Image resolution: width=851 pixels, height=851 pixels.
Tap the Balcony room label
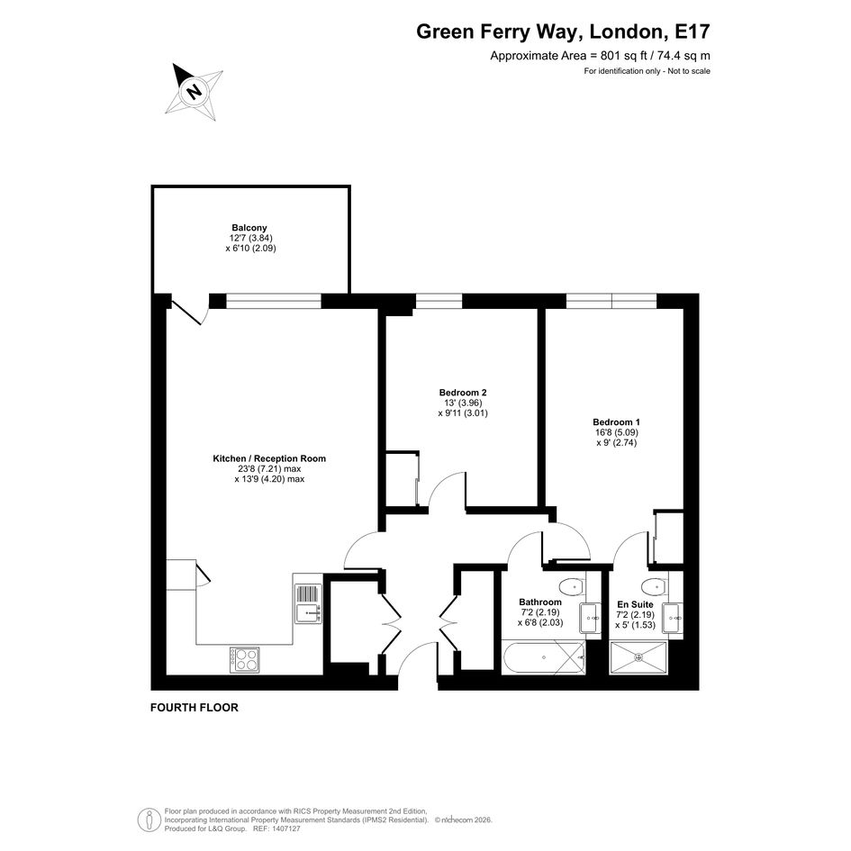[249, 228]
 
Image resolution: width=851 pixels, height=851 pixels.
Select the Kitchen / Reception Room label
[269, 458]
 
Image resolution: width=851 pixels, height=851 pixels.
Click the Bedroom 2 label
[463, 393]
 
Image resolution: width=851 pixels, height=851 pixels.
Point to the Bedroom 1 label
[617, 422]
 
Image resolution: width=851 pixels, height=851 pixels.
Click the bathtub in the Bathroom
[544, 657]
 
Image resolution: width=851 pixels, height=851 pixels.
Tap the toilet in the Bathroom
[570, 586]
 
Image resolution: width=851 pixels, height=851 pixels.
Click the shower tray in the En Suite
[638, 657]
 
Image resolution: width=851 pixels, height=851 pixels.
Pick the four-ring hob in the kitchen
[244, 659]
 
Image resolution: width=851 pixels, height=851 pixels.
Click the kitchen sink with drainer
[308, 603]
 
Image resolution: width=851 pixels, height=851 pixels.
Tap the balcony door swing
[189, 312]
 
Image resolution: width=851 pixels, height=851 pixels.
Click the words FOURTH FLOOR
[195, 708]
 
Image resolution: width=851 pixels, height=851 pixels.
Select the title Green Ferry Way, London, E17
[563, 32]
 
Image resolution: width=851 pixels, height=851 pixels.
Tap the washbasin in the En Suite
[673, 618]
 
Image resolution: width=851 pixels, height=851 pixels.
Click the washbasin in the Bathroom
[591, 618]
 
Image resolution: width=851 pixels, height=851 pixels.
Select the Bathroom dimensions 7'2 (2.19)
[540, 612]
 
